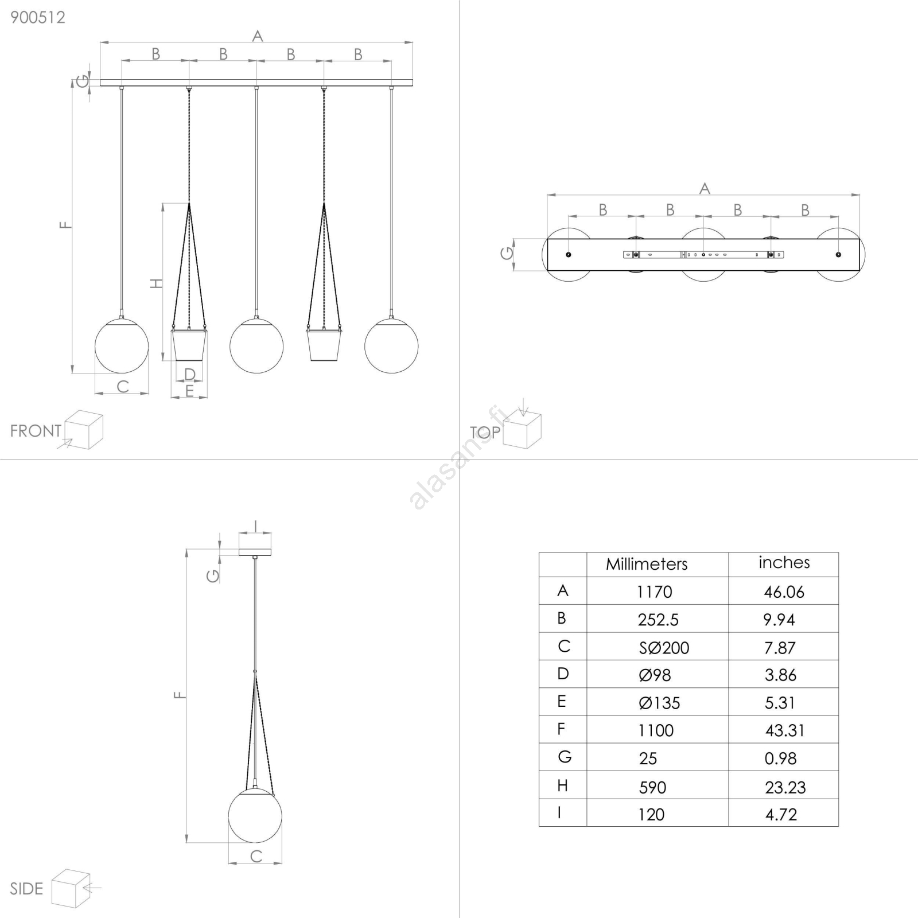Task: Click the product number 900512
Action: click(38, 17)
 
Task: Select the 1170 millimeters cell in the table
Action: click(654, 592)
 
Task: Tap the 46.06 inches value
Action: click(784, 592)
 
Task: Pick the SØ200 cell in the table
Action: click(664, 648)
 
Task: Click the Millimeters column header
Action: click(647, 564)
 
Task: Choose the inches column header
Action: click(784, 562)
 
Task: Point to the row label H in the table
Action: click(562, 785)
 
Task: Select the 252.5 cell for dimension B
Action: click(658, 620)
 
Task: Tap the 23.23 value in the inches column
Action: click(785, 787)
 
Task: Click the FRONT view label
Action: click(36, 431)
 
